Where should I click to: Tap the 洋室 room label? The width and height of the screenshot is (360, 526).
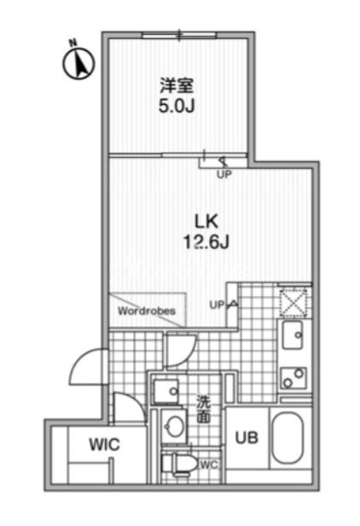click(x=177, y=86)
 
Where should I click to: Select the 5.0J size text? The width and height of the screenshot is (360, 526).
click(x=177, y=107)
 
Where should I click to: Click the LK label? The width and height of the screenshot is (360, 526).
click(x=206, y=221)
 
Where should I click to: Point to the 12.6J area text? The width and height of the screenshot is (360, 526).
click(x=206, y=241)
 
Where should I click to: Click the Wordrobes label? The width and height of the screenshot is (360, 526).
click(x=147, y=311)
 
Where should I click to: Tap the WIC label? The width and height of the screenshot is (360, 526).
click(x=104, y=444)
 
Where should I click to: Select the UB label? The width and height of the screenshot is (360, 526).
click(x=247, y=438)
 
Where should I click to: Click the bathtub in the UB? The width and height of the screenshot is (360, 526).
click(x=287, y=438)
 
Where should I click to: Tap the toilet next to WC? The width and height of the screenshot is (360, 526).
click(x=180, y=464)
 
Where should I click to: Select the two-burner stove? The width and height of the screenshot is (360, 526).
click(x=293, y=378)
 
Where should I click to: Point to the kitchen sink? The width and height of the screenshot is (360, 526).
click(x=293, y=335)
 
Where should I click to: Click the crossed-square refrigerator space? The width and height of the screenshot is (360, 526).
click(x=293, y=303)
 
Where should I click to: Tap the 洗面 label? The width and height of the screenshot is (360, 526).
click(x=204, y=409)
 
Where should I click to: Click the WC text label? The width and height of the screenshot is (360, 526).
click(x=210, y=465)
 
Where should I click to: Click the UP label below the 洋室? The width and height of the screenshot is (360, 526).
click(x=224, y=174)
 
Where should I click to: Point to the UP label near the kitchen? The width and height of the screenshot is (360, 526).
click(x=217, y=305)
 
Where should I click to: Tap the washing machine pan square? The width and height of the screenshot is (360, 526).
click(x=165, y=390)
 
